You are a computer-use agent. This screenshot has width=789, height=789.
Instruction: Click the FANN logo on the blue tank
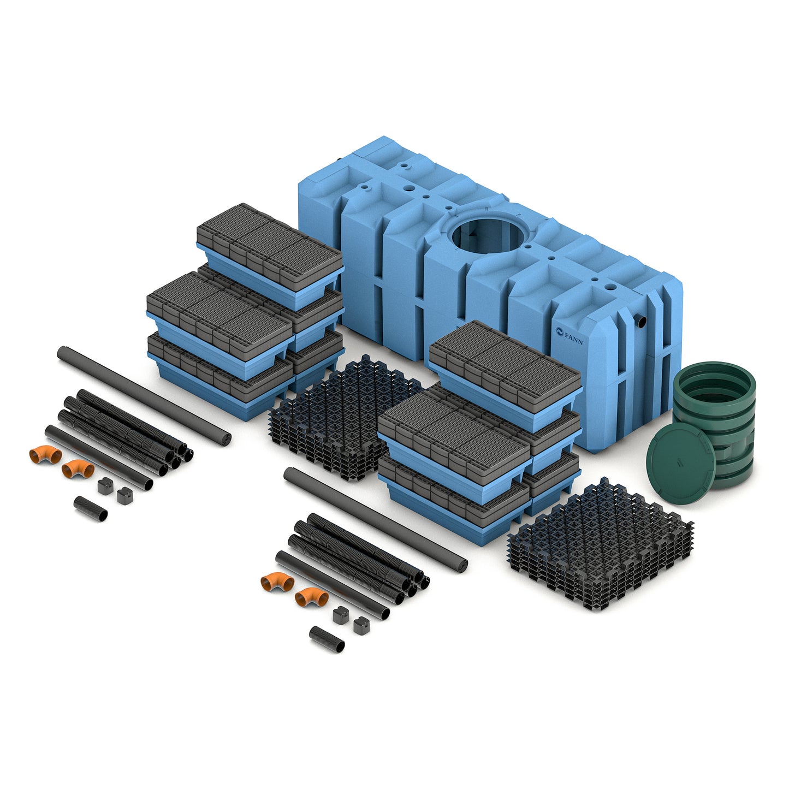[569, 336]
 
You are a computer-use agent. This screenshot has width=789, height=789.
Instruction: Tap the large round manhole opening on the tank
[488, 235]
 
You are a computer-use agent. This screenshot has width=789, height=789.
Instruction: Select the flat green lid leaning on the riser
[680, 462]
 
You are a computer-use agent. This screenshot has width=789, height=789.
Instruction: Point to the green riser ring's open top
[714, 384]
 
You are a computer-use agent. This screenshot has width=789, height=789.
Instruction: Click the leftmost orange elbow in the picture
[45, 454]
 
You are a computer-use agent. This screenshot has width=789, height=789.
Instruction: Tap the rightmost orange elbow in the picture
[312, 597]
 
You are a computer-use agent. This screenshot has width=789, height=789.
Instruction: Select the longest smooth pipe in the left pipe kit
[144, 395]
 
